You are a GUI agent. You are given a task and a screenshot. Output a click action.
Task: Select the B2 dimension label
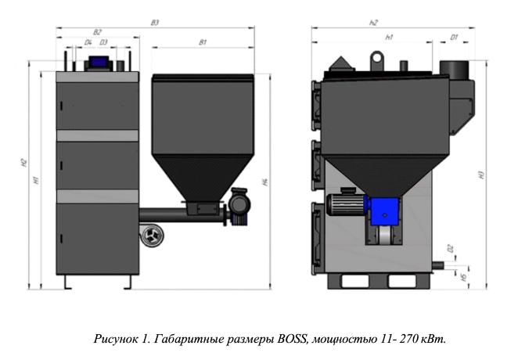point(97,32)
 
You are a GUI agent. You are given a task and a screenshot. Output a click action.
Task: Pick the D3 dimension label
point(103,42)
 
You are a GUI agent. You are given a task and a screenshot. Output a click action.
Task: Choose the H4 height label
point(266,182)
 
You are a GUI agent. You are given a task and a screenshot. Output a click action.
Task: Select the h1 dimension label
point(389,37)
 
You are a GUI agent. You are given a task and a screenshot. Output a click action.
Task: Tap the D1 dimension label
point(454,37)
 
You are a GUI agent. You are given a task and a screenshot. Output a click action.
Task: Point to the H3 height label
point(484,175)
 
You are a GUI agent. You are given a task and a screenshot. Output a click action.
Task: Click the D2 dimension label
point(451,248)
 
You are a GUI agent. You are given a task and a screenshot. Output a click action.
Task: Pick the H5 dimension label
point(464,276)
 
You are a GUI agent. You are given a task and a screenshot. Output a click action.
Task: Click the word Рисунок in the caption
point(114,340)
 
